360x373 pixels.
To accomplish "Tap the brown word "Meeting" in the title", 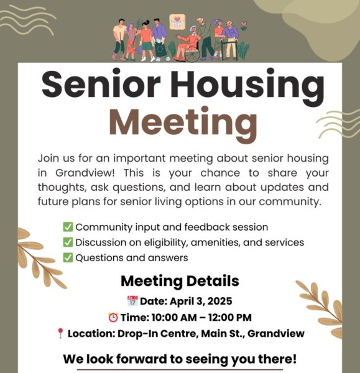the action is tap(183, 125).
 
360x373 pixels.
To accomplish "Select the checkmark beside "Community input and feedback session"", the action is tap(68, 227).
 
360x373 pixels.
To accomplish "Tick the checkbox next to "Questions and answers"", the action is tap(68, 257).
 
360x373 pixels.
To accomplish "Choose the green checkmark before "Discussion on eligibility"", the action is tap(68, 242).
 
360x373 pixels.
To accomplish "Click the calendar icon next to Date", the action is tap(132, 301).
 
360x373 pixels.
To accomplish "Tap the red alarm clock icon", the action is tap(113, 317).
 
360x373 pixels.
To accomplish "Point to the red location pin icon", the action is tap(60, 333).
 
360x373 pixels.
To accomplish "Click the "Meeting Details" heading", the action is tap(180, 281).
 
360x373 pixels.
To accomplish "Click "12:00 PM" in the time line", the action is tap(230, 318).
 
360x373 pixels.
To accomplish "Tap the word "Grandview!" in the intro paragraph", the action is tap(85, 173).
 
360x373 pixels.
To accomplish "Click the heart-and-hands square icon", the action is tap(177, 22).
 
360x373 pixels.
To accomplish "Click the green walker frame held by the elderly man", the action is tap(227, 50).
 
